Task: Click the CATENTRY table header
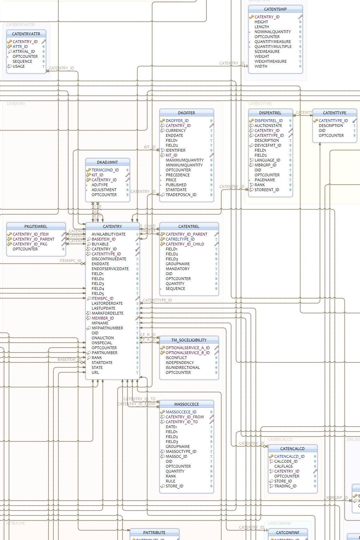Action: point(112,226)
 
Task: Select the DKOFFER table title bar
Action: point(187,113)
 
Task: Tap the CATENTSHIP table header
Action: point(275,9)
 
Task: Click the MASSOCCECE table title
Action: point(187,404)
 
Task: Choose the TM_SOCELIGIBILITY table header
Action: point(189,340)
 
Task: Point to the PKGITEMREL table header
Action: point(36,226)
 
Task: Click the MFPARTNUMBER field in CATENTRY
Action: point(107,328)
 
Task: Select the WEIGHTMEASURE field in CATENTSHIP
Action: point(270,61)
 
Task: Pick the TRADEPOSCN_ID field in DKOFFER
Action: point(181,195)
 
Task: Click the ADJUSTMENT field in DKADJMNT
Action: point(104,190)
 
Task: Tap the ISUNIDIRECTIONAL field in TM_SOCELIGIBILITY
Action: point(183,368)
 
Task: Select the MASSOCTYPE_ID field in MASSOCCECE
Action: point(181,451)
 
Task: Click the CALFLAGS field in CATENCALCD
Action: point(283,466)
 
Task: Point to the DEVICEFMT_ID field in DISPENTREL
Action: point(268,145)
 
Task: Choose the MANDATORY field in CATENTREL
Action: point(177,269)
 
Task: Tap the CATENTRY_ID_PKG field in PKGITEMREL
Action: point(30,244)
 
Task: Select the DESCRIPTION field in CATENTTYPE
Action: point(331,126)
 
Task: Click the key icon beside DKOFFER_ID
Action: point(163,121)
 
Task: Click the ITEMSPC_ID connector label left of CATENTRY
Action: point(70,261)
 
